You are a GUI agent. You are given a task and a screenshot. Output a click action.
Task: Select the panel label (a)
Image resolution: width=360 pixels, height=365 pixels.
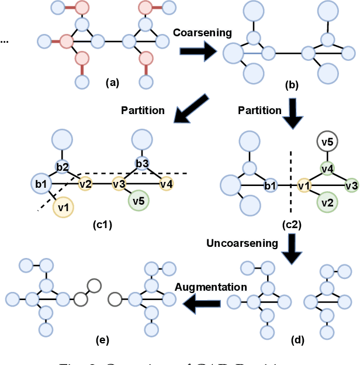pyautogui.click(x=112, y=82)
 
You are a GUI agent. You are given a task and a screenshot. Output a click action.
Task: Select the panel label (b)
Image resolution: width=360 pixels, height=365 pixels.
pyautogui.click(x=290, y=85)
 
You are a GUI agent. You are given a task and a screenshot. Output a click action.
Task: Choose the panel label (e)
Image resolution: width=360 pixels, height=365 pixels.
pyautogui.click(x=101, y=339)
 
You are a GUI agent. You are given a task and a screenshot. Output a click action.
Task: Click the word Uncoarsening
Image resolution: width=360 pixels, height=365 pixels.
pyautogui.click(x=242, y=243)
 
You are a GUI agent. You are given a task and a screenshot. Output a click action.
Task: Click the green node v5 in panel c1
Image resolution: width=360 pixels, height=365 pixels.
pyautogui.click(x=139, y=201)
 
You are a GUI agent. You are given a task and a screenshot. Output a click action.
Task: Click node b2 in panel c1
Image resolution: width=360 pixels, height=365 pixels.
pyautogui.click(x=63, y=166)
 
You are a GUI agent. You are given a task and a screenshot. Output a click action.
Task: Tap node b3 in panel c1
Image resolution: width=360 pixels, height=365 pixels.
pyautogui.click(x=142, y=163)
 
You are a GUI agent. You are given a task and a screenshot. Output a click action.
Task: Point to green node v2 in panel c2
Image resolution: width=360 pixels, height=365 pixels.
pyautogui.click(x=327, y=203)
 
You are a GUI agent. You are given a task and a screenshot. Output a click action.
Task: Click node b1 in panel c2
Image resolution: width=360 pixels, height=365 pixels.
pyautogui.click(x=270, y=187)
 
